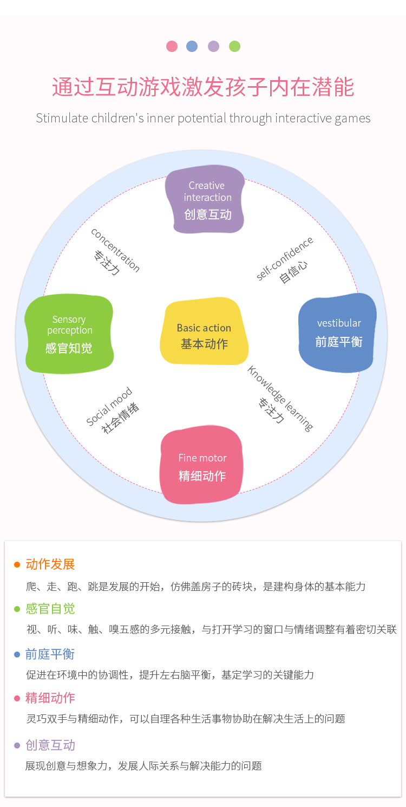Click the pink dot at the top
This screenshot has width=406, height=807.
[x=172, y=46]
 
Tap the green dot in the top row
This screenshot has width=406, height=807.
[x=234, y=46]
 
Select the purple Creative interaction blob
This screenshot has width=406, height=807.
[x=205, y=199]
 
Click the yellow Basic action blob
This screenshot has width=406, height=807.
[x=204, y=331]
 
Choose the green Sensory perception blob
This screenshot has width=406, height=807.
[x=69, y=334]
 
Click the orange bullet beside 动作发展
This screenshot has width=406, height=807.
[x=17, y=564]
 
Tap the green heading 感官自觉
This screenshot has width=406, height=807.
[x=50, y=609]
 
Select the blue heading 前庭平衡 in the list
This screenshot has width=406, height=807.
[x=50, y=654]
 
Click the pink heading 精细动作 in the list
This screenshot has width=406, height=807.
[x=50, y=698]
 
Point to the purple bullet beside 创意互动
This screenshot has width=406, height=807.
[x=17, y=746]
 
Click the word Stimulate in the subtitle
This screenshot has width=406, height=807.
[x=58, y=118]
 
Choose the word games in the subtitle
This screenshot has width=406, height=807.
[x=353, y=118]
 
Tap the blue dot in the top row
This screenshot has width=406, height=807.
[x=192, y=46]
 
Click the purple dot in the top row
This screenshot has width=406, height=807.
[x=213, y=46]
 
